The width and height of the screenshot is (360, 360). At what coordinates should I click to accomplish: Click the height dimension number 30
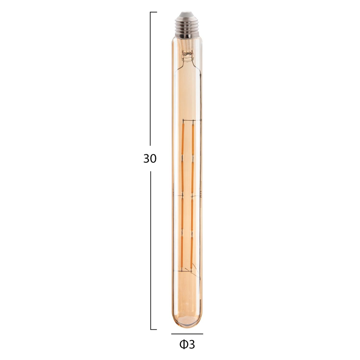click(x=150, y=159)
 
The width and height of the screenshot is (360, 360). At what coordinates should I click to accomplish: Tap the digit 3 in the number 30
click(x=147, y=159)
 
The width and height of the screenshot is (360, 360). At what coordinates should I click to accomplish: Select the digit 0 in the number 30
click(x=153, y=159)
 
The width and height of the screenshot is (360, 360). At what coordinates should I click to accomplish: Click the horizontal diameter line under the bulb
click(x=187, y=334)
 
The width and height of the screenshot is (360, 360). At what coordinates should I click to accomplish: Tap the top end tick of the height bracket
click(x=153, y=12)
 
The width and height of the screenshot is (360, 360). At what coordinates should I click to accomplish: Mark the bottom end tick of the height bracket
click(x=153, y=329)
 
